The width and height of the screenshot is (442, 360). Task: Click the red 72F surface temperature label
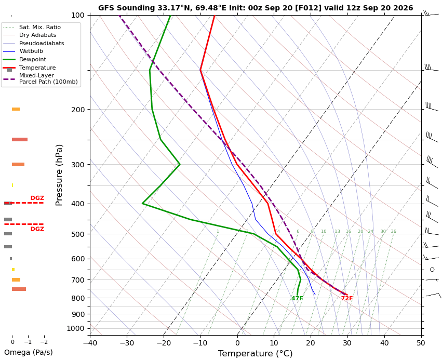point(347,298)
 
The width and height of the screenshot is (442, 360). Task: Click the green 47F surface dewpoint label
point(297,298)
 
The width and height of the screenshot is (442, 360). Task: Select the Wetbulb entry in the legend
point(31,51)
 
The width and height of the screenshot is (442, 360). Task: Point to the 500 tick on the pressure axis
point(78,234)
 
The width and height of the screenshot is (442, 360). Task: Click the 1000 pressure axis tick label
point(75,328)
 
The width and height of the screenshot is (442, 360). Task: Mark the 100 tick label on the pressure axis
point(78,15)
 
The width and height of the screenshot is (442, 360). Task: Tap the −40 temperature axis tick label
point(90,343)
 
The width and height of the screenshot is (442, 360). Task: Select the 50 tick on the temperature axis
point(421,343)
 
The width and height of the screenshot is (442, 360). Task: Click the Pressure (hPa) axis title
point(59,175)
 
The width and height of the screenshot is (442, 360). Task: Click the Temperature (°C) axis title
point(256,354)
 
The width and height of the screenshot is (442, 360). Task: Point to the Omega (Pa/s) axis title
point(29,352)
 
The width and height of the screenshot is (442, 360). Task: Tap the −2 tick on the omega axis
point(44,342)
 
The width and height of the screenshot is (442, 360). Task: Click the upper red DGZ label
point(37,198)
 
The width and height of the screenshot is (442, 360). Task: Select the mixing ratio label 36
point(393,232)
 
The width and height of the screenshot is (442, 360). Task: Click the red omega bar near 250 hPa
point(20,140)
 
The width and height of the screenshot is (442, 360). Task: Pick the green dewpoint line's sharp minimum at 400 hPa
point(143,203)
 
